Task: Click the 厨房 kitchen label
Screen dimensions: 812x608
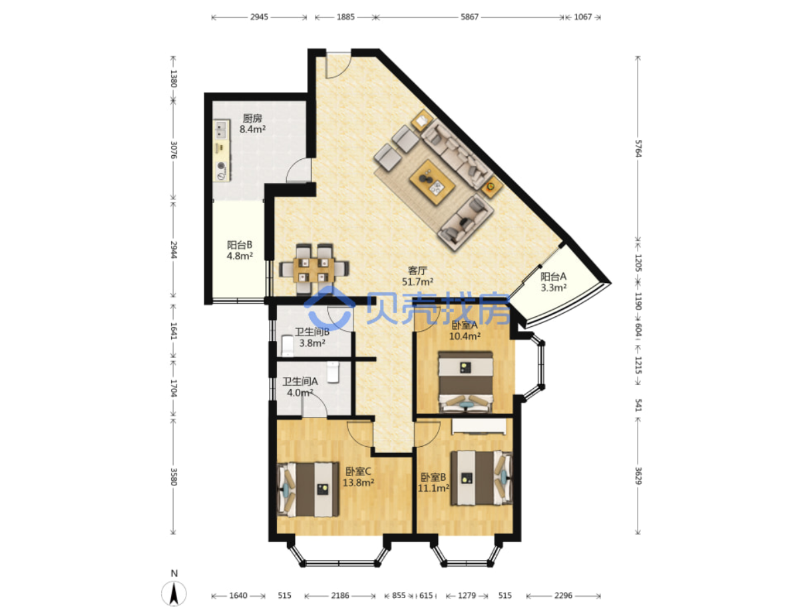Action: [252, 119]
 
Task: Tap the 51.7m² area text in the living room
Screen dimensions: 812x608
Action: [417, 282]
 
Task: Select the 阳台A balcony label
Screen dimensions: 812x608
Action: [553, 276]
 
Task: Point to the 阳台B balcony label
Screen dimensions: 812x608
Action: [240, 244]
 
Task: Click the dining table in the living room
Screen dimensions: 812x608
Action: [313, 270]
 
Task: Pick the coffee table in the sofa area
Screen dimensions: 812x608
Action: [432, 182]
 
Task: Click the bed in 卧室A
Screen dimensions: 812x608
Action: [465, 382]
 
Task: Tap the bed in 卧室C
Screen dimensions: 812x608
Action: [307, 489]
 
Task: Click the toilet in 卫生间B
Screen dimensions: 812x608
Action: [287, 345]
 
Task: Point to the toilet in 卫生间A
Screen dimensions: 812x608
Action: [333, 372]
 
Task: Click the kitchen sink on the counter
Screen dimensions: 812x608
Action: [221, 129]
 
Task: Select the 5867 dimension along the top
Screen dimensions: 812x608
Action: [469, 17]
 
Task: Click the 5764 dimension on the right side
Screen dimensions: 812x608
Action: [638, 149]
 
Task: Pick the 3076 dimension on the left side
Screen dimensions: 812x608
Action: [174, 150]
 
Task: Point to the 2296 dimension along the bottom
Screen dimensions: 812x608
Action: [563, 595]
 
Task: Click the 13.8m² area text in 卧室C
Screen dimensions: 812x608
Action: [358, 483]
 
